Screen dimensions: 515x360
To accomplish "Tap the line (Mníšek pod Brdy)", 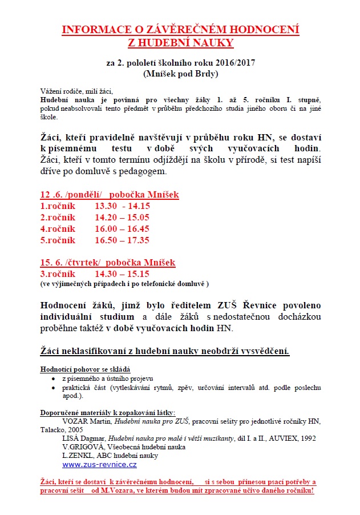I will [180, 73].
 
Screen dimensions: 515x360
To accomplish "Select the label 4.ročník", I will [57, 229].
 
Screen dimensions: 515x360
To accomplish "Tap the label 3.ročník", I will [57, 274].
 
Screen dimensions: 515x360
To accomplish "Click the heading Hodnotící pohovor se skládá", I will [85, 369].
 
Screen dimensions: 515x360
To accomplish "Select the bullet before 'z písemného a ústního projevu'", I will [52, 379].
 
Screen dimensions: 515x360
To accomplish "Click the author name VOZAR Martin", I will [85, 422].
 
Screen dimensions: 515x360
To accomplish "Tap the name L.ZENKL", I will [78, 456].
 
